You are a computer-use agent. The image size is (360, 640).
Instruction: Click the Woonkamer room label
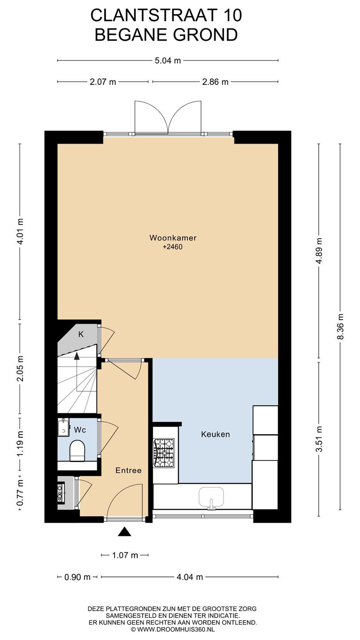point(173,238)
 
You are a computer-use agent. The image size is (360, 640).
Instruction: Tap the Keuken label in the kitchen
point(216,434)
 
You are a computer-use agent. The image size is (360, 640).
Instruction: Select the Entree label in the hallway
point(128,470)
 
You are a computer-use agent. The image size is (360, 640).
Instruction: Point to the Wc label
point(80,430)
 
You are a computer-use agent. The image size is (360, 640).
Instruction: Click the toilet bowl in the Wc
point(77,451)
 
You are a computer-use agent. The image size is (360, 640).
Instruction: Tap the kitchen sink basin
point(211,497)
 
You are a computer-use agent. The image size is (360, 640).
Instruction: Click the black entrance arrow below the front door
point(124,532)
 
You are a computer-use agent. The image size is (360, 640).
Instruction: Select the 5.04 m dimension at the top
point(168,60)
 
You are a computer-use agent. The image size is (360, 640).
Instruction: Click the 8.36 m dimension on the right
point(340,326)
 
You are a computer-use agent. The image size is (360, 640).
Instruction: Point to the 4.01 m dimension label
point(20,231)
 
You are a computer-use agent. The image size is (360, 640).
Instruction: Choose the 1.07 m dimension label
point(125,555)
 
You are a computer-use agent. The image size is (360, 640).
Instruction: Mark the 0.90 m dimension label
point(77,577)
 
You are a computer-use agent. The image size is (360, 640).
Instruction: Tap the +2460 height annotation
point(172,247)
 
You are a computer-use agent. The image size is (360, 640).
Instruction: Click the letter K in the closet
point(81,334)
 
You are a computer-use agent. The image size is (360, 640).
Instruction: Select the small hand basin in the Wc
point(64,427)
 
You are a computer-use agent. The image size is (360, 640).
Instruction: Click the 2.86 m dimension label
point(215,82)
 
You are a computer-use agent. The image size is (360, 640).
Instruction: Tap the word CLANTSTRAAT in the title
point(155,16)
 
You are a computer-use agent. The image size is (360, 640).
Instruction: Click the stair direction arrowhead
point(76,356)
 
